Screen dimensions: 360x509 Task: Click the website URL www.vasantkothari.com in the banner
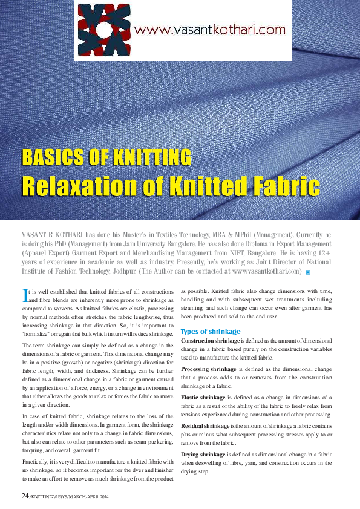pos(209,29)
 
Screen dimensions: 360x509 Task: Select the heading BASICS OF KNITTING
pos(106,157)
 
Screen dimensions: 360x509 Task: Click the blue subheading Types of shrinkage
pos(211,332)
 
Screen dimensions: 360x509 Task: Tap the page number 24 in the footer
pos(25,496)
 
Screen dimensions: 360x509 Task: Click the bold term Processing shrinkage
pos(209,369)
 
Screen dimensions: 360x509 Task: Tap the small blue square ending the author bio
pos(309,272)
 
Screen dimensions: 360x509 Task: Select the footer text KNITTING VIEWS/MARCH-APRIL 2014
pos(66,496)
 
